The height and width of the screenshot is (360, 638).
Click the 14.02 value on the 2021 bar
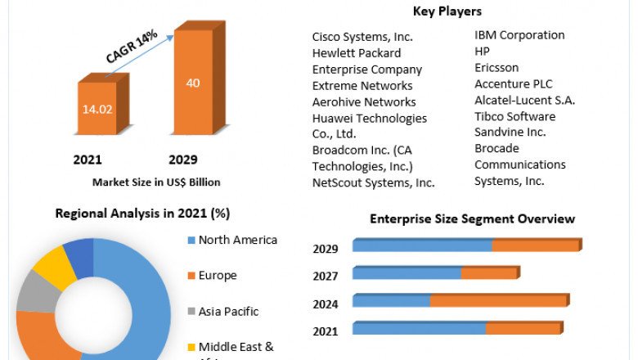[x=97, y=107]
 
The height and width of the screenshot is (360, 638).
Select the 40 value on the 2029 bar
[x=193, y=83]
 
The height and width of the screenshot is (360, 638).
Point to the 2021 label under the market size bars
[x=88, y=160]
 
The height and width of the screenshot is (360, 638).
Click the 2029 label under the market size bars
[x=182, y=160]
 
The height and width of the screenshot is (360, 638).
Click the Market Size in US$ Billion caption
[x=156, y=182]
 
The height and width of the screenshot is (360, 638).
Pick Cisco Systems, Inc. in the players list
[x=362, y=37]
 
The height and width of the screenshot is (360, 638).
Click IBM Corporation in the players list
[x=519, y=35]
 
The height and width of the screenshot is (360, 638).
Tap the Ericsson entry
[x=496, y=68]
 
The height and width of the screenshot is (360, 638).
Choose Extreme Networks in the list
[x=362, y=86]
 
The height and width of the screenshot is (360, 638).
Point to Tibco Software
[x=515, y=116]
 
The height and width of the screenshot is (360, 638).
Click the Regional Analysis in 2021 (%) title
[x=142, y=214]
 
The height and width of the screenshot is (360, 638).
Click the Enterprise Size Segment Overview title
[x=472, y=219]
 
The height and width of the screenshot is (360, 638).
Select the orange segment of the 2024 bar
[x=498, y=301]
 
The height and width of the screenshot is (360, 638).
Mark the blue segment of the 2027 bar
[x=407, y=273]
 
